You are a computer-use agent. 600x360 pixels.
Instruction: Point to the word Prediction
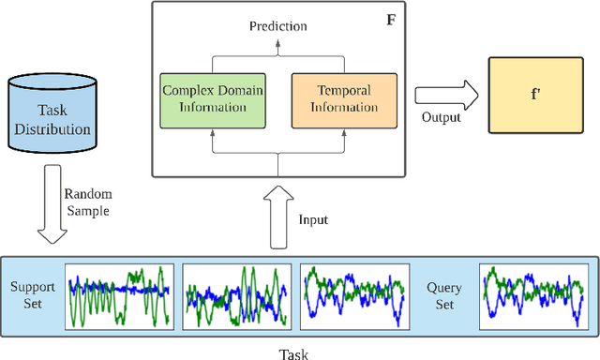tap(277, 25)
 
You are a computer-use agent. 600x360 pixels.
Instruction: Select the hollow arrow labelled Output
tap(445, 95)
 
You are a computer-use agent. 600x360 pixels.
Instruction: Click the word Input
tap(313, 219)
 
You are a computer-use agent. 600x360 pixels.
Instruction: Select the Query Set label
tap(444, 295)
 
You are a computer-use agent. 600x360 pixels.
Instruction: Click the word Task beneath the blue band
tap(293, 353)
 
